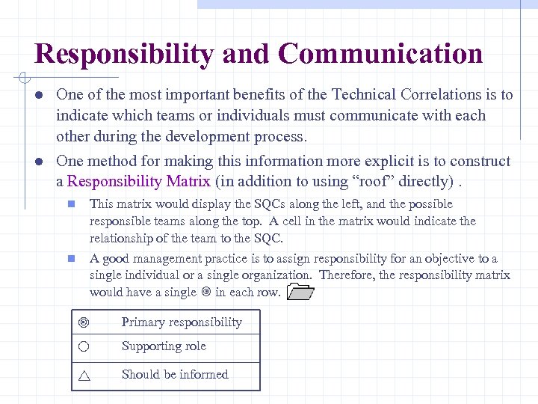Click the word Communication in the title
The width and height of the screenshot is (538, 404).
tap(380, 55)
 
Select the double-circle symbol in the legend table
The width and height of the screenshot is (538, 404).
tap(84, 322)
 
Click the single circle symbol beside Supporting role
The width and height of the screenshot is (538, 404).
tap(84, 346)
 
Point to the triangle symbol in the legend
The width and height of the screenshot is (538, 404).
tap(84, 376)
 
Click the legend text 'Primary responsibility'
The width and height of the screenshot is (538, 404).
tap(182, 322)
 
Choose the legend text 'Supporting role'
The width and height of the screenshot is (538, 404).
tap(164, 346)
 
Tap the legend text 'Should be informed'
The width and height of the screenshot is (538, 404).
tap(175, 375)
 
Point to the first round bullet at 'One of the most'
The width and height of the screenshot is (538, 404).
tap(37, 95)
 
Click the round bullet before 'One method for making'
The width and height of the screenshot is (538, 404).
tap(37, 162)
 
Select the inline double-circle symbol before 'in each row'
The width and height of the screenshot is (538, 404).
tap(206, 293)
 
